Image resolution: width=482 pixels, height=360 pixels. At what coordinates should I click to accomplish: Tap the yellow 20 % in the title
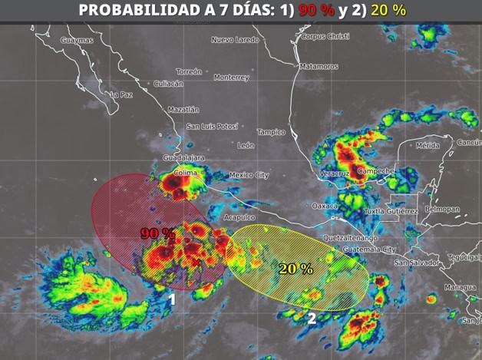(x=388, y=10)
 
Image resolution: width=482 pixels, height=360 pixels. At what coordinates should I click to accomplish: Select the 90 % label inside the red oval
(x=157, y=233)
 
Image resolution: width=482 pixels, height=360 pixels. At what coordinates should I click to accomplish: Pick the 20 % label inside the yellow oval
(x=295, y=269)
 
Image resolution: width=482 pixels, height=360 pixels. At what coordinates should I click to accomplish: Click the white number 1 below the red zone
(x=173, y=299)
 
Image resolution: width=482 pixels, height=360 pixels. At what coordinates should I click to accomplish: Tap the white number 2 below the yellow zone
(x=312, y=317)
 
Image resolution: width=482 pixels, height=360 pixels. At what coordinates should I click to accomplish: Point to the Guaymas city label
(x=76, y=40)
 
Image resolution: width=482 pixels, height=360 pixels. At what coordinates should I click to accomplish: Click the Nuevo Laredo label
(x=236, y=39)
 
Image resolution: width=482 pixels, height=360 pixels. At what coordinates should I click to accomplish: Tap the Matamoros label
(x=319, y=67)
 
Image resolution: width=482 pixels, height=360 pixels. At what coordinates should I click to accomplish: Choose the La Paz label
(x=122, y=95)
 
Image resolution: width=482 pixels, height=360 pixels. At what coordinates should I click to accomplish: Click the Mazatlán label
(x=183, y=109)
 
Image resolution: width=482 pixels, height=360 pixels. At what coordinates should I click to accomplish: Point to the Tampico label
(x=271, y=132)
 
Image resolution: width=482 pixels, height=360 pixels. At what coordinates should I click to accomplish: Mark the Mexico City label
(x=249, y=175)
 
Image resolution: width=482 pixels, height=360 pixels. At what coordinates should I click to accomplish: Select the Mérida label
(x=428, y=145)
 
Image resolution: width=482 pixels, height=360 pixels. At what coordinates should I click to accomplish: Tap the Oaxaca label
(x=325, y=206)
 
